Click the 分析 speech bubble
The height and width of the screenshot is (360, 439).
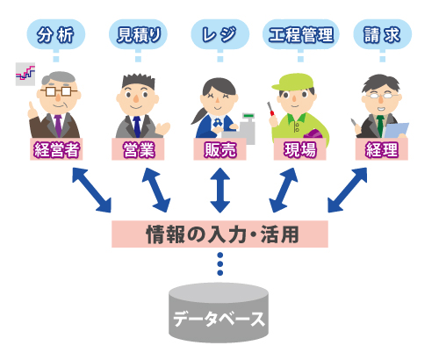pyautogui.click(x=56, y=34)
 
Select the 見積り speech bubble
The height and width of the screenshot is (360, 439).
pyautogui.click(x=138, y=34)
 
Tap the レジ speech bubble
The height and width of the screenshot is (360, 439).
pyautogui.click(x=220, y=34)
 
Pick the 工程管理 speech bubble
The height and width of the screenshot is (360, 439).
pyautogui.click(x=301, y=34)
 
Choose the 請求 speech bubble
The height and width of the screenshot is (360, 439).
pyautogui.click(x=383, y=34)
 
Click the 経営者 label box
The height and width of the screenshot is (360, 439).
pyautogui.click(x=56, y=149)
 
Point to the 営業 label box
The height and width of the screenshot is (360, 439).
pyautogui.click(x=138, y=149)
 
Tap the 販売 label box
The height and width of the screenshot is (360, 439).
pyautogui.click(x=219, y=149)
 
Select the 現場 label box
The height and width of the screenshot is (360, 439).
pyautogui.click(x=300, y=149)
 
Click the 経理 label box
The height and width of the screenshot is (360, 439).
pyautogui.click(x=382, y=149)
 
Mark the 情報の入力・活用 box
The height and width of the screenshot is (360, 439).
pyautogui.click(x=219, y=234)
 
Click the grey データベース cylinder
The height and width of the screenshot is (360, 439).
pyautogui.click(x=219, y=313)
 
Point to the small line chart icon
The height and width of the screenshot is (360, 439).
pyautogui.click(x=25, y=74)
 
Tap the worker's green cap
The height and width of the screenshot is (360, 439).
pyautogui.click(x=292, y=82)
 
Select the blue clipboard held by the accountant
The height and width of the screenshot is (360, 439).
pyautogui.click(x=396, y=130)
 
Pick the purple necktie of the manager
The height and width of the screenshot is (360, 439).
pyautogui.click(x=58, y=126)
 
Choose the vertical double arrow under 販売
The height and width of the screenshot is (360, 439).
pyautogui.click(x=220, y=191)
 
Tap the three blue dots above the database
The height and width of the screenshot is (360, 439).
pyautogui.click(x=220, y=264)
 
